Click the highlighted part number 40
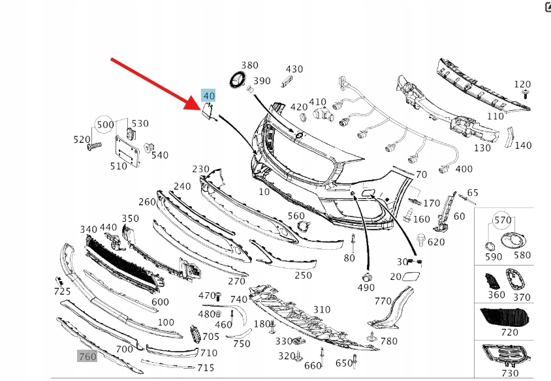[208, 97]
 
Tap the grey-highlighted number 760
[87, 356]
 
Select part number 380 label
[250, 65]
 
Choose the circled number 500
[105, 125]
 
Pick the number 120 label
[522, 84]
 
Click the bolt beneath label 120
[524, 95]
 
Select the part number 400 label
[464, 170]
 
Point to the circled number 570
[503, 221]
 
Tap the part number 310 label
[321, 310]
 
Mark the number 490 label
[366, 288]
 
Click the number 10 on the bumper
[264, 192]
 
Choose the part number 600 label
[160, 302]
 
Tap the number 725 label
[62, 290]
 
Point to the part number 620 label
[436, 242]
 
